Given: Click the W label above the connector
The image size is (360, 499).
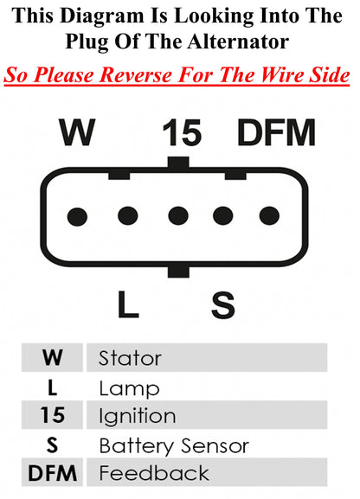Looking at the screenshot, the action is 77,132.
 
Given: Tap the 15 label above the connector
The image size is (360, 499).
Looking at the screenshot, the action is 182,132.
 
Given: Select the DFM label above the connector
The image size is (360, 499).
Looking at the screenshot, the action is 276,132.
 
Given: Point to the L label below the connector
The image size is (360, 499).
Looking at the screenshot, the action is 128,304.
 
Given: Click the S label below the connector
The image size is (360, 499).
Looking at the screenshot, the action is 223,304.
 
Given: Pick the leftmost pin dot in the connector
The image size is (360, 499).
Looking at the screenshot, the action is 77,217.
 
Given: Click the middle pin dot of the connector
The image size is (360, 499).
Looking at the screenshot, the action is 178,215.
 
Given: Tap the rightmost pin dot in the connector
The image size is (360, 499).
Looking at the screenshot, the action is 269,215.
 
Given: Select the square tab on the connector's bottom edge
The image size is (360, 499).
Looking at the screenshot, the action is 178,272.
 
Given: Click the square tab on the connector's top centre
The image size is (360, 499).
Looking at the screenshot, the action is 178,163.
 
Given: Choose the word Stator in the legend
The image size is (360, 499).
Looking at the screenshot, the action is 130,358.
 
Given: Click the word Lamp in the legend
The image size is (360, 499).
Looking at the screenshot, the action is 129,389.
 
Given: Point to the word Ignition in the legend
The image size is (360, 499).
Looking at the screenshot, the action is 138,417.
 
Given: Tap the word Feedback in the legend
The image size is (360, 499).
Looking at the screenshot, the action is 154,473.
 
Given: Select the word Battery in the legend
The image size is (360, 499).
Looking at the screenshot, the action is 136,446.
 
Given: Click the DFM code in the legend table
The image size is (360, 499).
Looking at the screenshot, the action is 53,473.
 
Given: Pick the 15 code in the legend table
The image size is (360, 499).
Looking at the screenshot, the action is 53,415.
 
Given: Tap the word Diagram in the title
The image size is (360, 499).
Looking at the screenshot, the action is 102,16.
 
